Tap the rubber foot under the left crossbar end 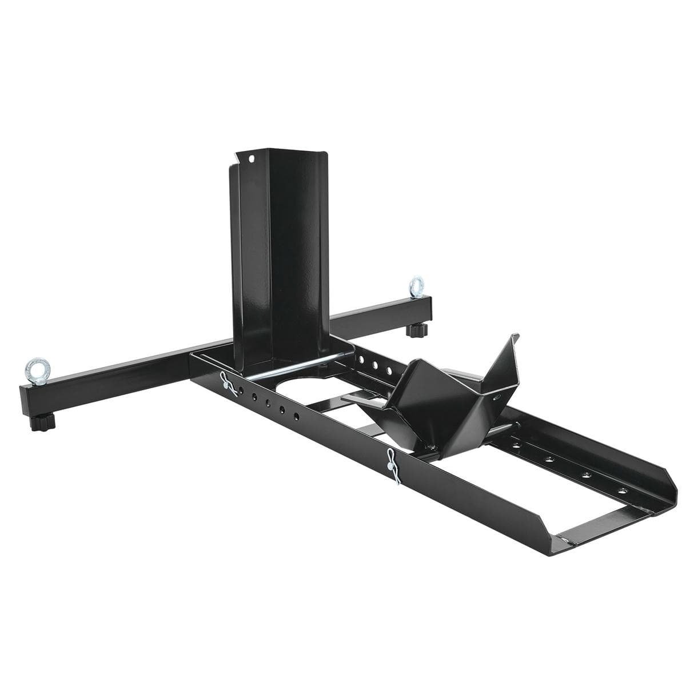coord(42,423)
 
